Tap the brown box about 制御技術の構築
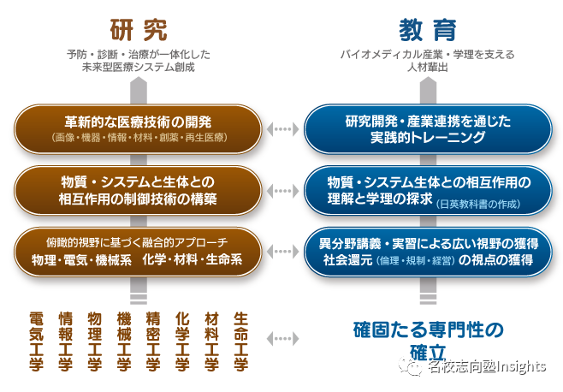[138, 190]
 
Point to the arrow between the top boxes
[281, 128]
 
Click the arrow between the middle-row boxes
[281, 190]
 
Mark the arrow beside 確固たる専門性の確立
[281, 338]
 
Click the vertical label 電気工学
[36, 341]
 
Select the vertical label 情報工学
[65, 341]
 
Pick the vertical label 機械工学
[124, 341]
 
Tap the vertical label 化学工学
[182, 341]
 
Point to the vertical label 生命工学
[241, 341]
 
